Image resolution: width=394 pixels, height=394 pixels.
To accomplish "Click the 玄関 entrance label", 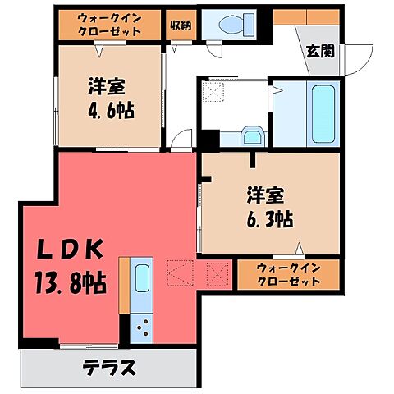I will [x=320, y=51].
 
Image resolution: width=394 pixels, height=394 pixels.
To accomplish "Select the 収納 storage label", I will [x=181, y=24].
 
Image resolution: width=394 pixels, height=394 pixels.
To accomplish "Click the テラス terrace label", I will [x=108, y=366].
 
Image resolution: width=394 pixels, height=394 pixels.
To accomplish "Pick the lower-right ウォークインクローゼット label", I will [x=287, y=274].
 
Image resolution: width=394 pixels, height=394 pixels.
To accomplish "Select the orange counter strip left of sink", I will [x=124, y=284].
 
